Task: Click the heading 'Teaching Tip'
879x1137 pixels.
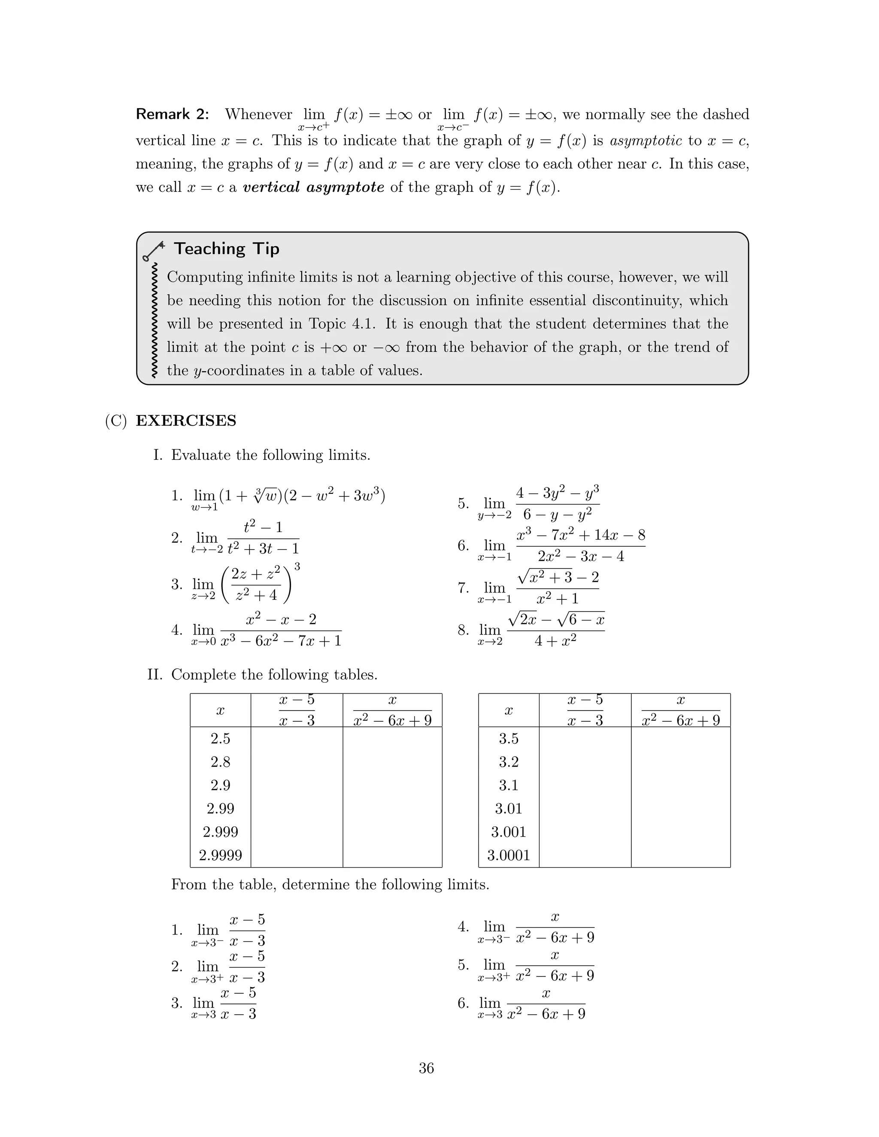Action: [x=227, y=249]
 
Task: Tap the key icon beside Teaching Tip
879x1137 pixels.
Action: [x=153, y=251]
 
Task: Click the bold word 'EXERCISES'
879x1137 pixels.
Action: [x=186, y=420]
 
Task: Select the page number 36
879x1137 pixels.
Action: [x=426, y=1068]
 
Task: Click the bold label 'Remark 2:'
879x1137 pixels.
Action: [x=173, y=115]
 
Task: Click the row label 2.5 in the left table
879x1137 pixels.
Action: [x=220, y=739]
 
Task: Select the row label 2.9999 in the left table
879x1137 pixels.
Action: [x=220, y=856]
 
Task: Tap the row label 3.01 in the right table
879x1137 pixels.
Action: [x=508, y=808]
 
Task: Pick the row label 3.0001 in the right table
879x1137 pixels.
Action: [x=508, y=856]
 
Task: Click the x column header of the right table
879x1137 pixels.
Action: [x=508, y=711]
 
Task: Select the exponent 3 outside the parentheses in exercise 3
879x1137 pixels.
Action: [x=297, y=566]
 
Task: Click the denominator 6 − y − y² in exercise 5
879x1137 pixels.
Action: [x=557, y=515]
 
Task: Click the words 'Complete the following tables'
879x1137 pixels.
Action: [x=274, y=675]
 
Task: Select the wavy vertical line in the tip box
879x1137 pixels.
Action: [x=154, y=320]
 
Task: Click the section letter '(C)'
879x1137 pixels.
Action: [x=115, y=420]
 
